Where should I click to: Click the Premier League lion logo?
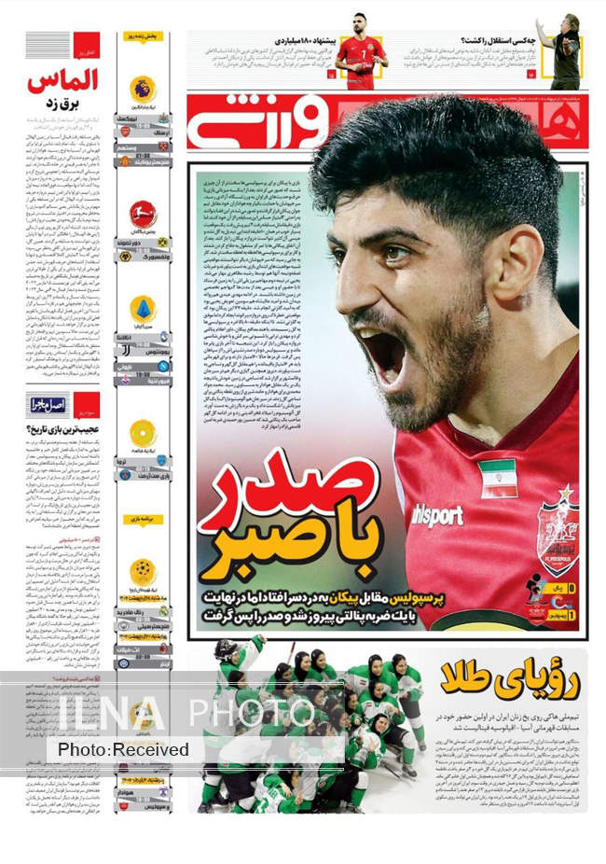coord(143,90)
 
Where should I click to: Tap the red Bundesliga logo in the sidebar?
coord(143,214)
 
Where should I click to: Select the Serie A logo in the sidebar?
coord(143,309)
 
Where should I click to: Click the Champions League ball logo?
coord(143,570)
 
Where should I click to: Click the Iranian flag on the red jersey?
coord(497,477)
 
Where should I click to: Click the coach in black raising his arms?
coord(564,51)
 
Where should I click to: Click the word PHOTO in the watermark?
coord(253,713)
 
